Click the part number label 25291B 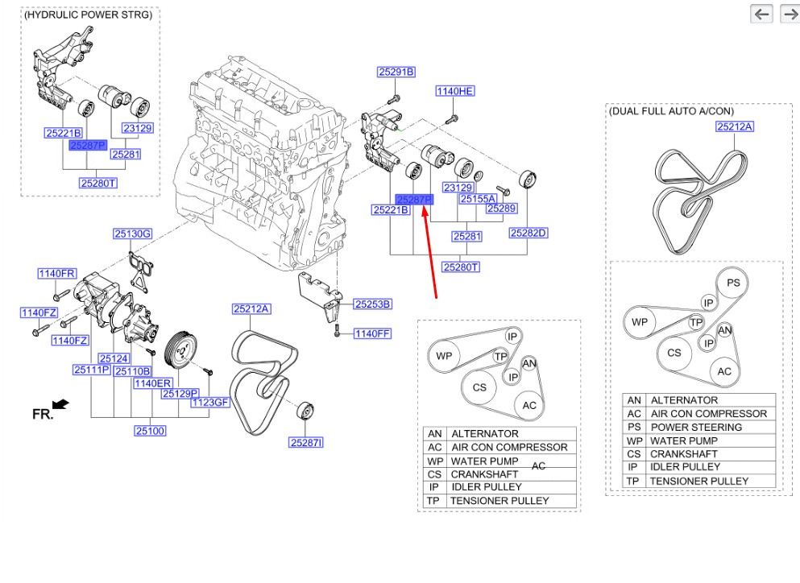click(396, 72)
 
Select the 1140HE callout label click(455, 92)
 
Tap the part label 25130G click(132, 234)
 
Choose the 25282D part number click(528, 234)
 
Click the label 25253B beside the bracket click(372, 304)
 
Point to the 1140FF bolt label click(372, 333)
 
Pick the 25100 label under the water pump click(150, 431)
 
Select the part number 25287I click(307, 442)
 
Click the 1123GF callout click(210, 403)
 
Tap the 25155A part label click(478, 198)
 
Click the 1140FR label click(56, 274)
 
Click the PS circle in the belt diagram click(732, 283)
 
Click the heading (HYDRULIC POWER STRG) click(89, 15)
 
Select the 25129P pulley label click(180, 394)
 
